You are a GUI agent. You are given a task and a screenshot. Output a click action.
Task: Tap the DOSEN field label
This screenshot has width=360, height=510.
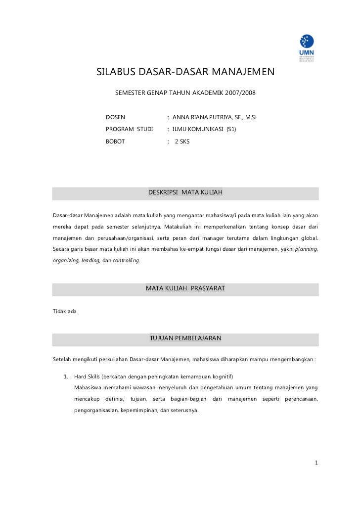(x=115, y=117)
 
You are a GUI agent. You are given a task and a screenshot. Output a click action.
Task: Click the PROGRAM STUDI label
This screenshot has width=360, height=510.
(x=129, y=129)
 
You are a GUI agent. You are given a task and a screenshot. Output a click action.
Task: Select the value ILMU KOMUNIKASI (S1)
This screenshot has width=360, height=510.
(x=204, y=129)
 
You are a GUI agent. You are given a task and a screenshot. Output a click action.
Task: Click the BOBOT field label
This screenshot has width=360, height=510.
(x=115, y=141)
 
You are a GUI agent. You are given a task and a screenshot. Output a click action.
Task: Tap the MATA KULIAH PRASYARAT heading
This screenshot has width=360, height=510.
(x=185, y=288)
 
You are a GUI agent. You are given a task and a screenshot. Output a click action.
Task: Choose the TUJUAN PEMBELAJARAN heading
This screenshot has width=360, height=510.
(x=185, y=338)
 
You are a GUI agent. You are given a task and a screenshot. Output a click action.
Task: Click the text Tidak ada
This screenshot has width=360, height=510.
(x=64, y=311)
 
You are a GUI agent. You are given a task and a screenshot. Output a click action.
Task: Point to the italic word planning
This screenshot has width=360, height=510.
(x=306, y=249)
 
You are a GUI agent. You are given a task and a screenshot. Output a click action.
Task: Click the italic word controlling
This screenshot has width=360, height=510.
(x=126, y=260)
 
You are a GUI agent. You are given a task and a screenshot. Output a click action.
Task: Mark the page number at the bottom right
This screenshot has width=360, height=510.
(x=316, y=463)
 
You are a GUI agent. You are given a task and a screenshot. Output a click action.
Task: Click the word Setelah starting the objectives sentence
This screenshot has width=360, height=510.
(x=63, y=359)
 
